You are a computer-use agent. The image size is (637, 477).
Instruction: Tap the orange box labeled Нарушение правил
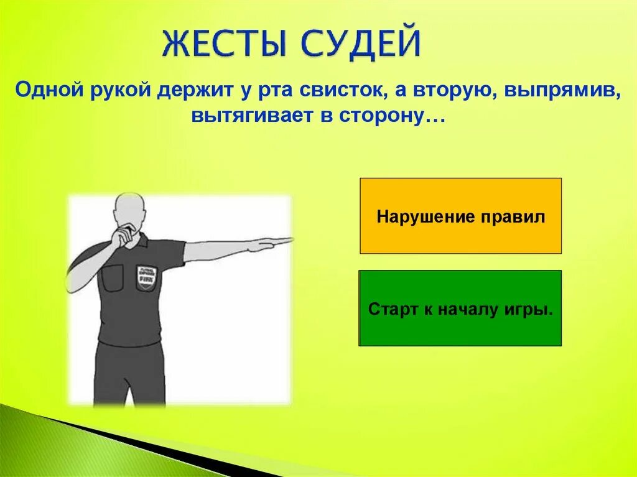tap(460, 216)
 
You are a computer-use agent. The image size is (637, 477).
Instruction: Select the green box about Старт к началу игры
tap(460, 308)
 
